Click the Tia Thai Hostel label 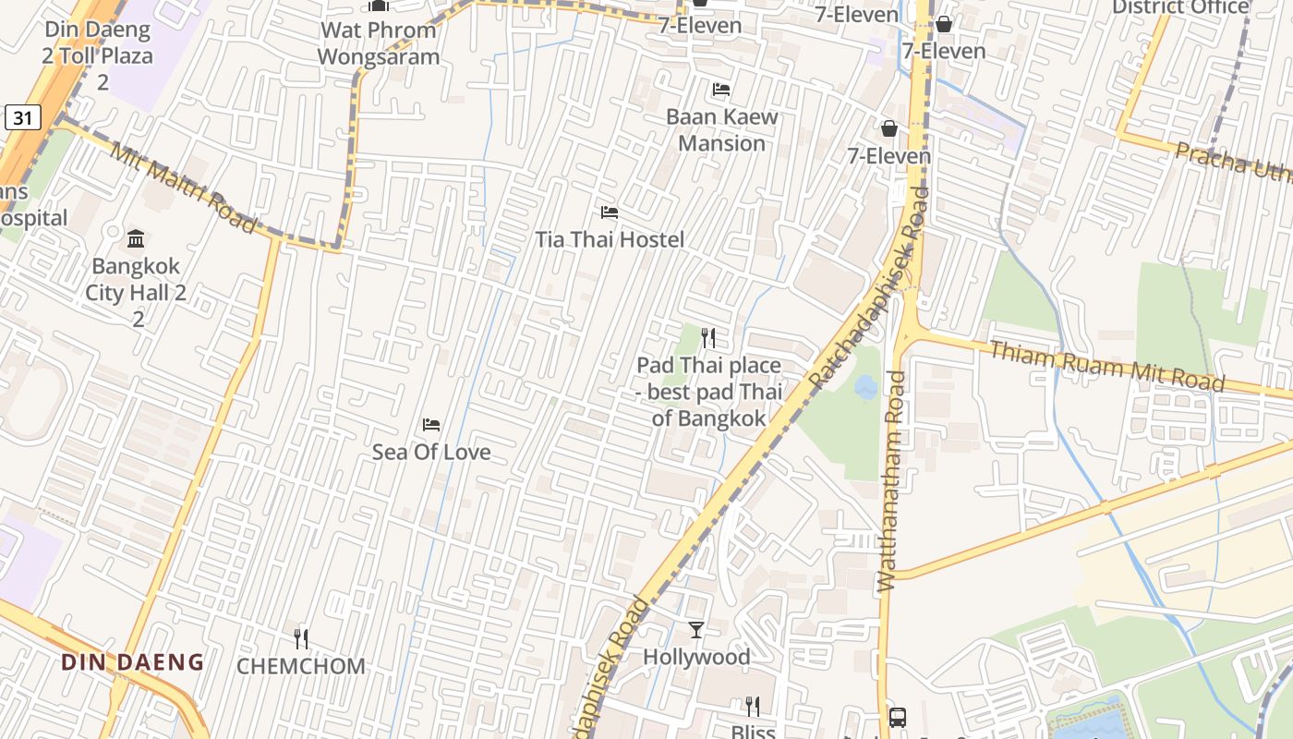tap(610, 240)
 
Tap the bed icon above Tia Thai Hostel tap(609, 212)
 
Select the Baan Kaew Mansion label tap(721, 130)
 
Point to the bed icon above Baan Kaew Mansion tap(721, 90)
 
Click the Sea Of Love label tap(431, 452)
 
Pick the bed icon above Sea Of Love tap(430, 425)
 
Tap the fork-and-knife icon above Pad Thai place tap(708, 338)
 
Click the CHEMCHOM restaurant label tap(301, 666)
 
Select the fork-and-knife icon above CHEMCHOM tap(300, 638)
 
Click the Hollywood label tap(696, 657)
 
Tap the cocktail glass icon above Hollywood tap(696, 630)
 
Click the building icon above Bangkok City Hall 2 tap(136, 239)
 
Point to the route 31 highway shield tap(23, 117)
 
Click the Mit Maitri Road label tap(183, 188)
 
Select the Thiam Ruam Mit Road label tap(1106, 366)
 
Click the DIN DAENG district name tap(132, 661)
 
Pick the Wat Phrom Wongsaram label tap(379, 43)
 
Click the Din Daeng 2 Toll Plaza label tap(97, 55)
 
